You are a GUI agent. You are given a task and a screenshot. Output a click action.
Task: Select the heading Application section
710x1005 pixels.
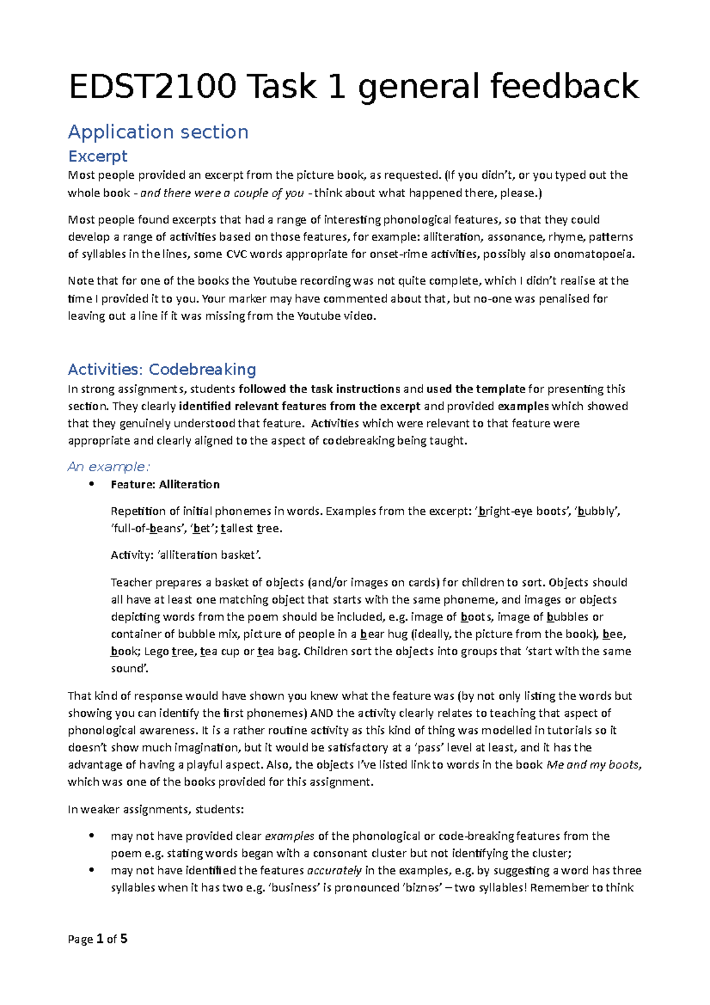[158, 131]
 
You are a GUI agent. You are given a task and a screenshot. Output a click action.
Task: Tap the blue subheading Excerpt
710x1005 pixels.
[98, 156]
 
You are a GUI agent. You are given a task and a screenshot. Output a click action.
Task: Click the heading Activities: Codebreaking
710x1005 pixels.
[162, 369]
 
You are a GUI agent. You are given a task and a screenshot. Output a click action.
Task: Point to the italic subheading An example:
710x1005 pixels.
[109, 466]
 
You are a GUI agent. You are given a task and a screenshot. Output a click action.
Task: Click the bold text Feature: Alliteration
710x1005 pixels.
[165, 484]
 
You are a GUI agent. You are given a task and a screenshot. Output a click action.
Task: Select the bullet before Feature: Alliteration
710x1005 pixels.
[91, 484]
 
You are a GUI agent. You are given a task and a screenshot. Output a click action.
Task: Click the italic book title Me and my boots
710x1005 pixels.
[593, 764]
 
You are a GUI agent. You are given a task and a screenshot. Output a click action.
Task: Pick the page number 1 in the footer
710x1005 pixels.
[99, 939]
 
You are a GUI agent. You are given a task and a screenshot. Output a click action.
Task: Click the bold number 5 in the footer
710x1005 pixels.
[124, 939]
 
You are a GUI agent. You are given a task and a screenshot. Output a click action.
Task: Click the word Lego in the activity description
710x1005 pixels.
[156, 651]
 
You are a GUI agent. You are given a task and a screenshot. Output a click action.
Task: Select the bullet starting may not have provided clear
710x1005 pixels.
[91, 836]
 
